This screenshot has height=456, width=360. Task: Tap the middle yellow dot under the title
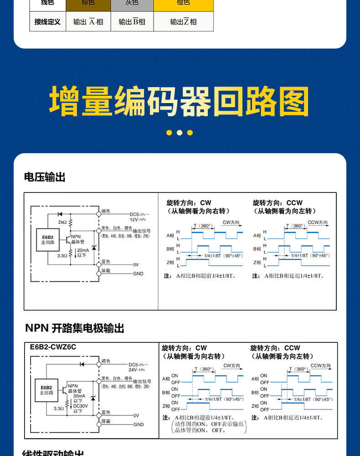click(x=180, y=133)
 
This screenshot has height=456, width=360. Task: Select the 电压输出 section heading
click(x=45, y=177)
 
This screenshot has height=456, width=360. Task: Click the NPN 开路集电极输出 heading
click(x=74, y=328)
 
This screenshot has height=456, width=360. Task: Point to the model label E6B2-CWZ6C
click(x=53, y=347)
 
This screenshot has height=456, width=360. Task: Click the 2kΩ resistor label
click(x=62, y=222)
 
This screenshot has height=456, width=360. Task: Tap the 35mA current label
click(x=79, y=396)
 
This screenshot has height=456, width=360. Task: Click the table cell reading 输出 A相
click(x=88, y=22)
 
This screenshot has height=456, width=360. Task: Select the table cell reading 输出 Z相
click(x=183, y=22)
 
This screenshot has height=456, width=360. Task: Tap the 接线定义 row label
click(x=47, y=22)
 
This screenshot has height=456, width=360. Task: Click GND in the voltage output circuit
click(x=138, y=274)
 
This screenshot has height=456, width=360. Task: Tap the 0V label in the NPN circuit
click(x=136, y=416)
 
